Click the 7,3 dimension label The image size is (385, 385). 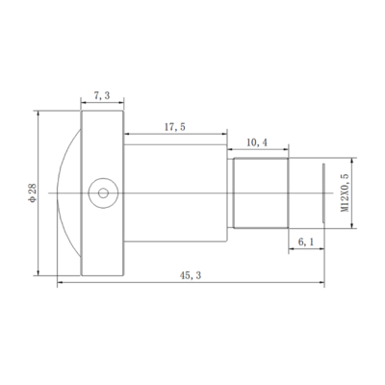coord(102,95)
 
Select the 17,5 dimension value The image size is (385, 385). coord(175,127)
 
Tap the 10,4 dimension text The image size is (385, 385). coord(257,142)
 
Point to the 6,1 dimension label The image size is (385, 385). coord(306,242)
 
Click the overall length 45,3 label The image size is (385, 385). coord(191,275)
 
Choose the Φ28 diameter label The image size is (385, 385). coord(33,192)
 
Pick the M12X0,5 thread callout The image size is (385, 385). coord(345,192)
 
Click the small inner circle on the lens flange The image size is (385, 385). coord(103,193)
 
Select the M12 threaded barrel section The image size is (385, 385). coord(261,192)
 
